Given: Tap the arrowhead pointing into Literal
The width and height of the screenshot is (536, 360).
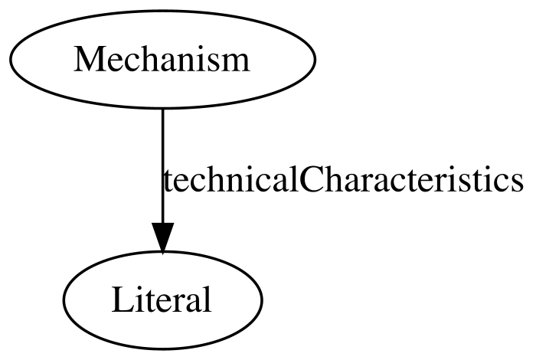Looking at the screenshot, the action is (162, 238).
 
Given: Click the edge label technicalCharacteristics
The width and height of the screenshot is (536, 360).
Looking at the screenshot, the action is (343, 178).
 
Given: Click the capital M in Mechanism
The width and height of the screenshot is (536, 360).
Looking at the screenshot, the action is (87, 59).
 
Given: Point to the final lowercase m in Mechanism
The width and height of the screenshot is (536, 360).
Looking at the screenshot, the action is (235, 62).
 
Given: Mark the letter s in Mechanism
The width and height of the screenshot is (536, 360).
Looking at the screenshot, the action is (214, 63).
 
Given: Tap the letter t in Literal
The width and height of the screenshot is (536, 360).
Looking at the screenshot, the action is (149, 301).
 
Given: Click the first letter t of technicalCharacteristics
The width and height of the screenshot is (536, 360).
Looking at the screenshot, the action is (168, 182).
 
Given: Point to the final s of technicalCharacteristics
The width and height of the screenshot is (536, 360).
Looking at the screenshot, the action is (517, 183).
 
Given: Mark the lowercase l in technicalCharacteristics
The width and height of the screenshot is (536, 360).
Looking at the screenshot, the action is (294, 178).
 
